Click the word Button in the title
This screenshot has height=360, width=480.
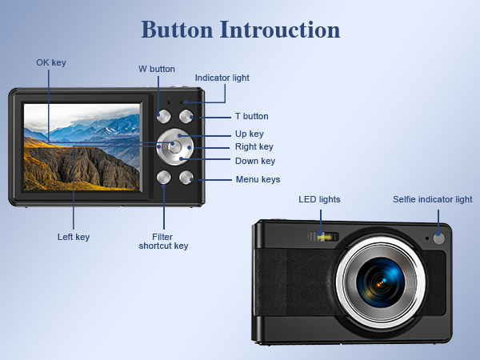pos(177,30)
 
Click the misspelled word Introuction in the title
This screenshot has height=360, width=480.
pos(279,30)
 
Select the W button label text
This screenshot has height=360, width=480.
pos(156,69)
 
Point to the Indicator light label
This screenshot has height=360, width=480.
pos(222,78)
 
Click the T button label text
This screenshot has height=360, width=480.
pos(251,116)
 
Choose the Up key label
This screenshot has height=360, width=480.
pos(249,134)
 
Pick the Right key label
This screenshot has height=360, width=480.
pos(254,146)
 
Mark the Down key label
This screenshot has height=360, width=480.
pos(254,161)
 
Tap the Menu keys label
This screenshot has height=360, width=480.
pos(258,179)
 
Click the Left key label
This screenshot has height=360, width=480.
pos(74,237)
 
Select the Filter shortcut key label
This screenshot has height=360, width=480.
pos(163,241)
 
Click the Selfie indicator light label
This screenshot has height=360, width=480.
pos(432,199)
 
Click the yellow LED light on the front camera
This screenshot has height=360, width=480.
pos(324,237)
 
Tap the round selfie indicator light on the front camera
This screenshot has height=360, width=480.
pos(438,238)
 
